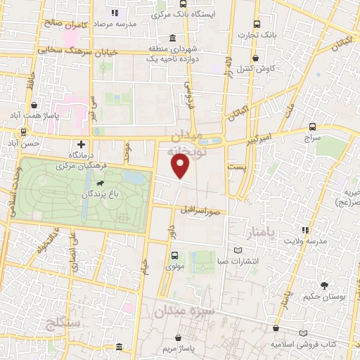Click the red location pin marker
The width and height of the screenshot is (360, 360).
181,166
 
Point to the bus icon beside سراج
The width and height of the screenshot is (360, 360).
312,127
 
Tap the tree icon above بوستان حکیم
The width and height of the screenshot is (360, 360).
323,285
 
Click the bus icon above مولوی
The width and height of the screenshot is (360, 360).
174,256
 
